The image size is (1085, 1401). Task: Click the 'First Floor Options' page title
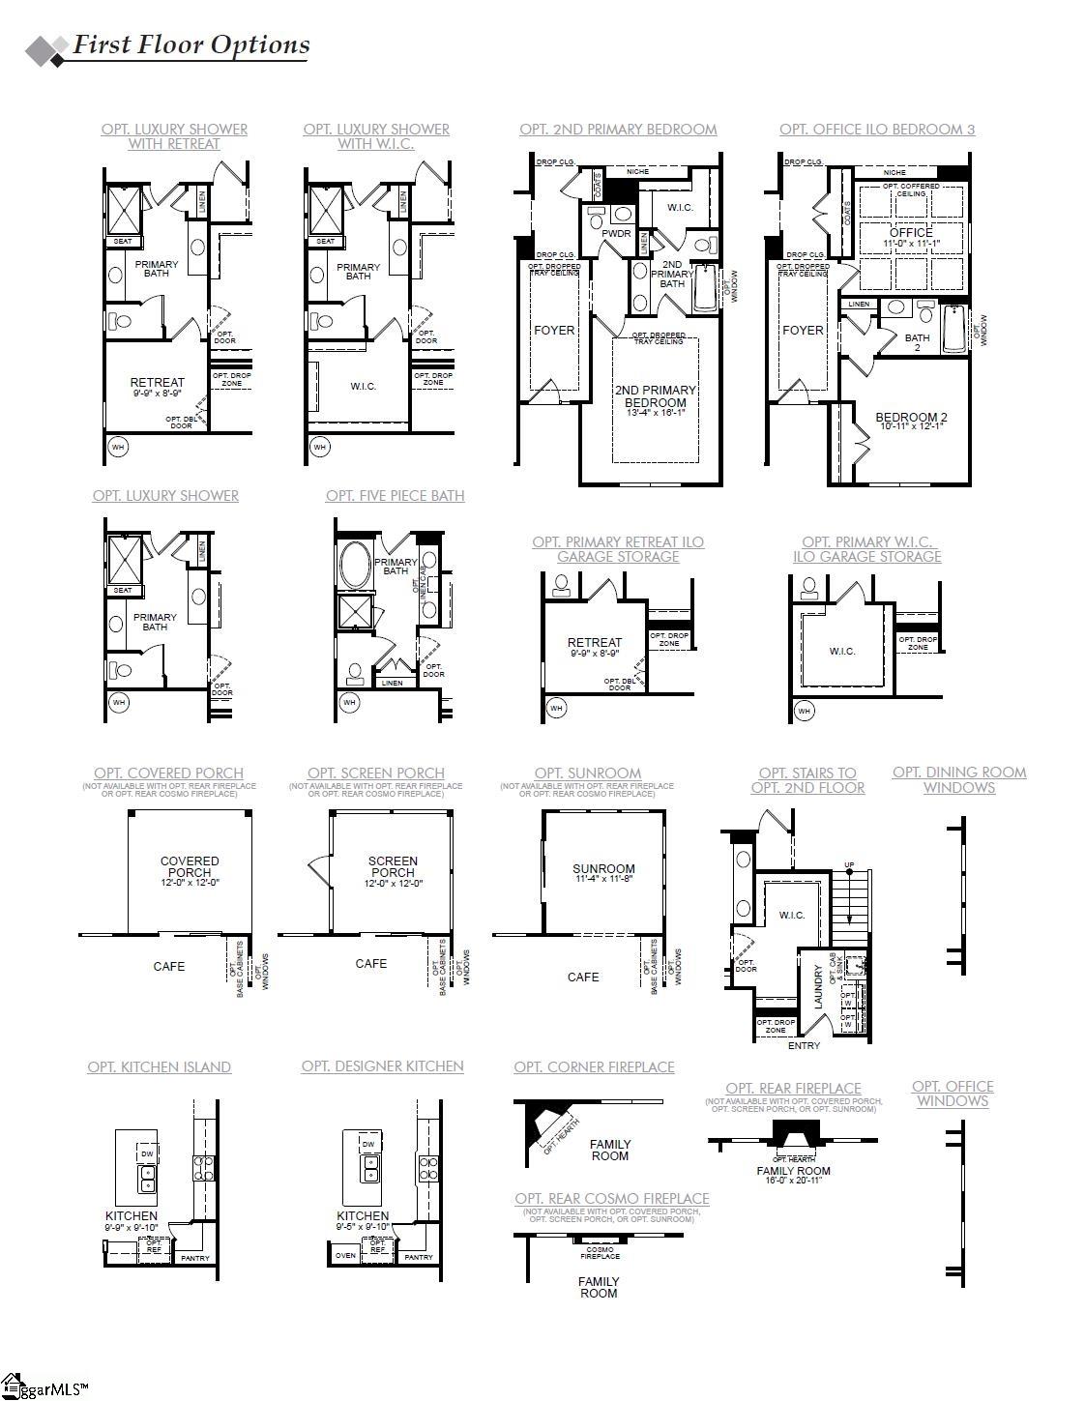coord(191,44)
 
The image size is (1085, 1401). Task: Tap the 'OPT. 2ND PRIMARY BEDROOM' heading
coord(618,129)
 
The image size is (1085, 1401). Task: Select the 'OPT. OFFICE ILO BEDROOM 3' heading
coord(877,129)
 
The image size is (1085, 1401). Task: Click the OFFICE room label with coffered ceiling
coord(910,233)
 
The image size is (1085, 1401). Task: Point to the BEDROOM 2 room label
coord(911,418)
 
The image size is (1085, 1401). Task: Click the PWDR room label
coord(616,233)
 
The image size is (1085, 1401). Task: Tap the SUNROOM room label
coord(603,868)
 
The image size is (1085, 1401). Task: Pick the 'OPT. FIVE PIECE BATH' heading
coord(395,495)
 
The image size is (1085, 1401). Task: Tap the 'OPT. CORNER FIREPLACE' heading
coord(594,1066)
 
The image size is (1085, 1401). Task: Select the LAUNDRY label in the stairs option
coord(818,987)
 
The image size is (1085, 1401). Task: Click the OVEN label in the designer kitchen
coord(345,1255)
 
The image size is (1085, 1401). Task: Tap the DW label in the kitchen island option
coord(147,1153)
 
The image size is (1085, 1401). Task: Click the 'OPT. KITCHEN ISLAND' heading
coord(160,1066)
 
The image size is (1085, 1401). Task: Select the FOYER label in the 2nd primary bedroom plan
coord(554,330)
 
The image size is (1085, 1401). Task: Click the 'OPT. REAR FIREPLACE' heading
coord(793,1088)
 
